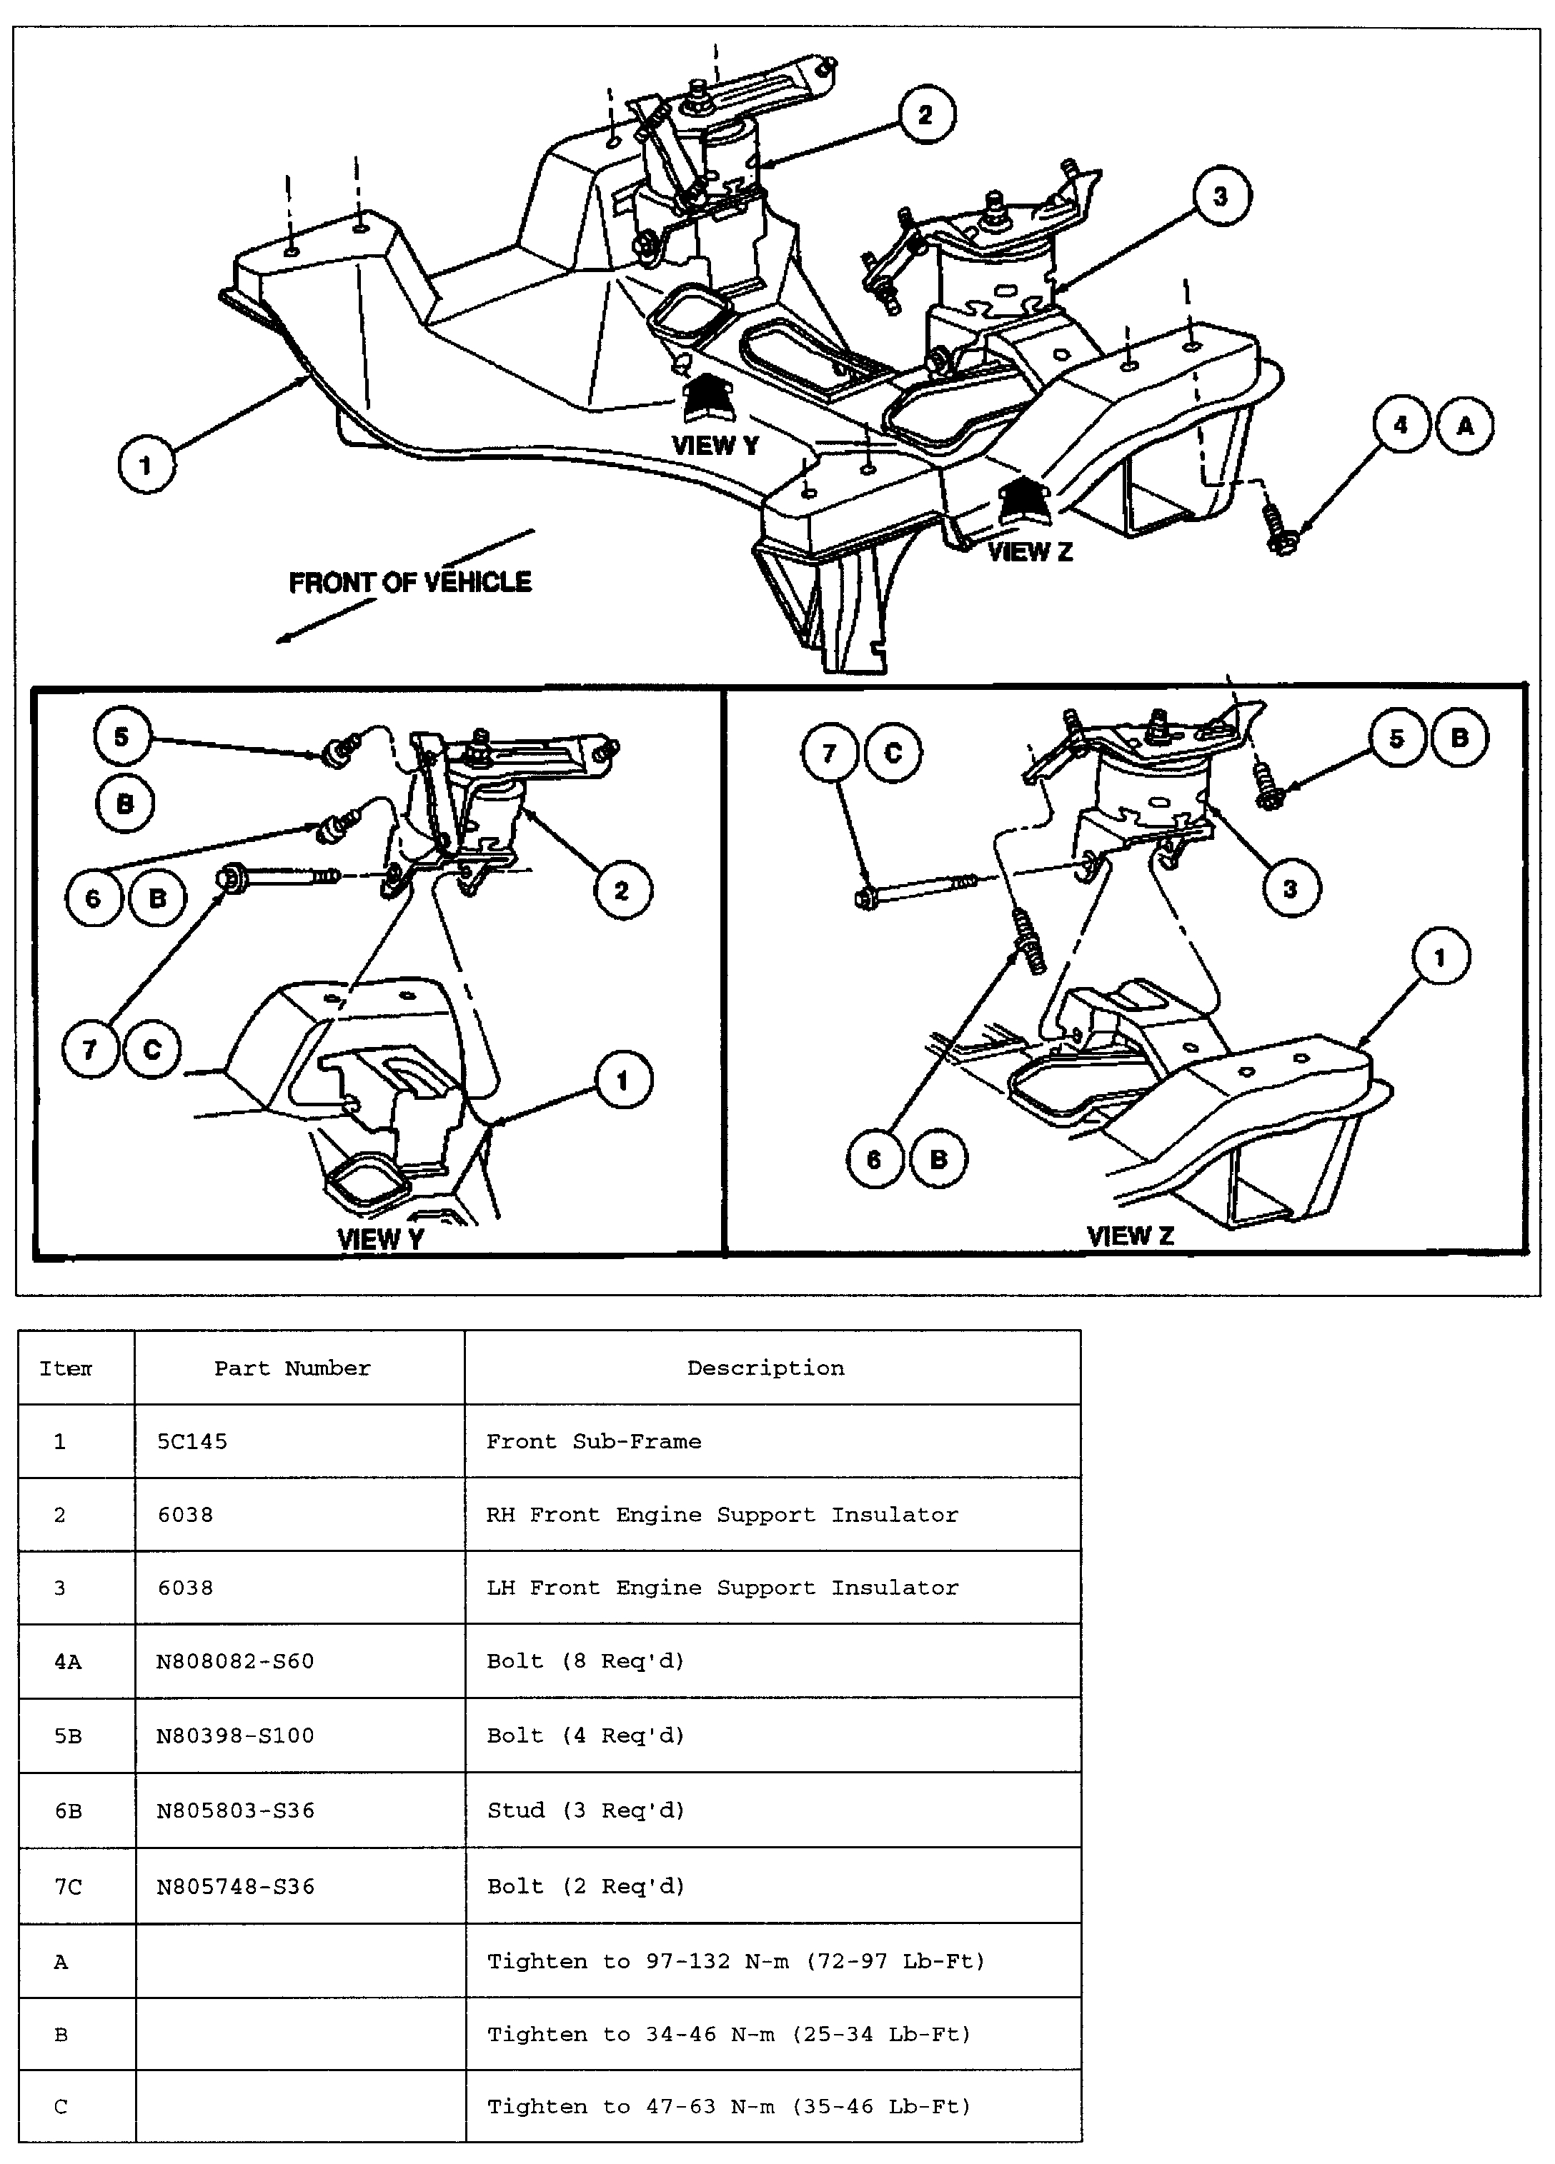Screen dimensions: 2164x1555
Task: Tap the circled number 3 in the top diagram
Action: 1219,196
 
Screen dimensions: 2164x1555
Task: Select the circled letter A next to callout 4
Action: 1464,426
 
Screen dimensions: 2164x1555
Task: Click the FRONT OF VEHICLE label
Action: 409,582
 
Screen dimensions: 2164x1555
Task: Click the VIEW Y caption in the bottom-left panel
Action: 380,1238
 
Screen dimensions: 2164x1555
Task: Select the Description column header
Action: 765,1368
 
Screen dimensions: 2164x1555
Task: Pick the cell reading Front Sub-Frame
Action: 593,1442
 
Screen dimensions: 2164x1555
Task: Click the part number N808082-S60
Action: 235,1661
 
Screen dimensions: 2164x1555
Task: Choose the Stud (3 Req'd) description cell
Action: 585,1810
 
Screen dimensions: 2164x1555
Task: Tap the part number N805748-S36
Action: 235,1886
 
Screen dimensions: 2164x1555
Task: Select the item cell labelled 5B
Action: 68,1735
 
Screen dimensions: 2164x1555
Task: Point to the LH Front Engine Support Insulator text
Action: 722,1588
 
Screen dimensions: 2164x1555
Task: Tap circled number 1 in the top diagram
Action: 146,466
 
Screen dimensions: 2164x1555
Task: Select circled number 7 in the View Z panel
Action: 828,753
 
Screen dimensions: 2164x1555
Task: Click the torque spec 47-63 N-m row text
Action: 728,2107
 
